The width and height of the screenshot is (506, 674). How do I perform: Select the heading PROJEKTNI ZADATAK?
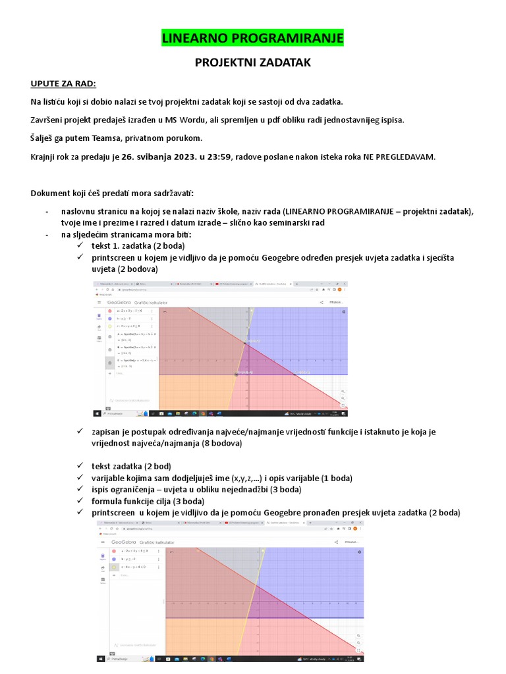coord(253,63)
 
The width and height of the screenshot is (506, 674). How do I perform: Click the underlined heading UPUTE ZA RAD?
coord(63,84)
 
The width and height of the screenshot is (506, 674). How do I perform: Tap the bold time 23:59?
coord(220,157)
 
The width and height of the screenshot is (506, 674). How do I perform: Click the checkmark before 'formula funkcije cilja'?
coord(82,501)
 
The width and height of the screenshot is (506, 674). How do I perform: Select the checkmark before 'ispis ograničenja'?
coord(82,489)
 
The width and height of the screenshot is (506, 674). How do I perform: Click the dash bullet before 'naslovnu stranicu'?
coord(47,211)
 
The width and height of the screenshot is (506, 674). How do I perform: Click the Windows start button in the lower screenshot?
coord(100,658)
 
